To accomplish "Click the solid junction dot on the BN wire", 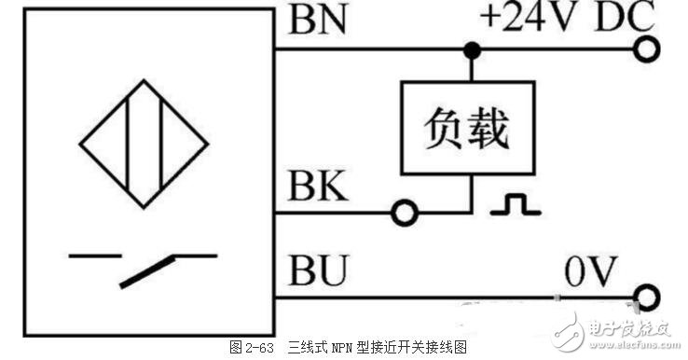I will [473, 48].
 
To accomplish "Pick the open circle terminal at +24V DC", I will [647, 48].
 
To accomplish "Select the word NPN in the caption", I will [337, 347].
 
